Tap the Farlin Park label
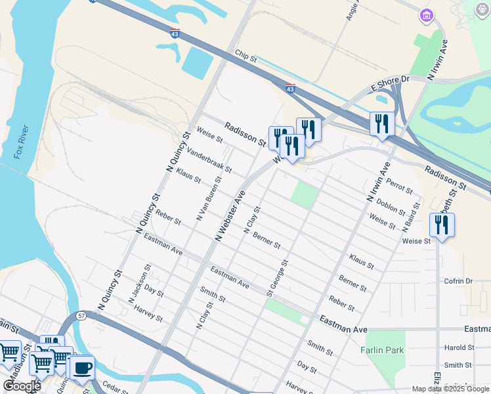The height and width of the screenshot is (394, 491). pyautogui.click(x=383, y=351)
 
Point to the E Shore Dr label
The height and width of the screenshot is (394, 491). pyautogui.click(x=389, y=83)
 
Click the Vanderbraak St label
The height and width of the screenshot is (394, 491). pyautogui.click(x=209, y=160)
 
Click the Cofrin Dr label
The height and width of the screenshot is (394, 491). pyautogui.click(x=458, y=281)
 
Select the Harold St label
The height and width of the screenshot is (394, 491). pyautogui.click(x=459, y=347)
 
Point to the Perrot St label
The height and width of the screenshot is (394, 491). pyautogui.click(x=399, y=186)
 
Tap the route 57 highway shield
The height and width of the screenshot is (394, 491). pyautogui.click(x=81, y=316)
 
